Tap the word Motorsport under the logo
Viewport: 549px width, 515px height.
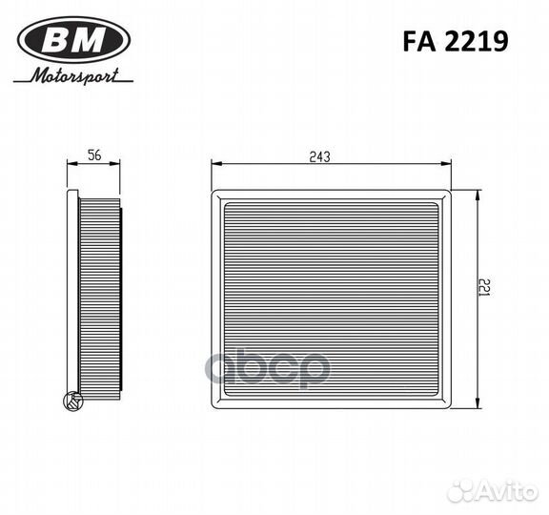click(x=77, y=76)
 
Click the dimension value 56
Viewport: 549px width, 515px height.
click(x=94, y=155)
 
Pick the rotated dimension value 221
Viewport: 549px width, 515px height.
click(x=485, y=290)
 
